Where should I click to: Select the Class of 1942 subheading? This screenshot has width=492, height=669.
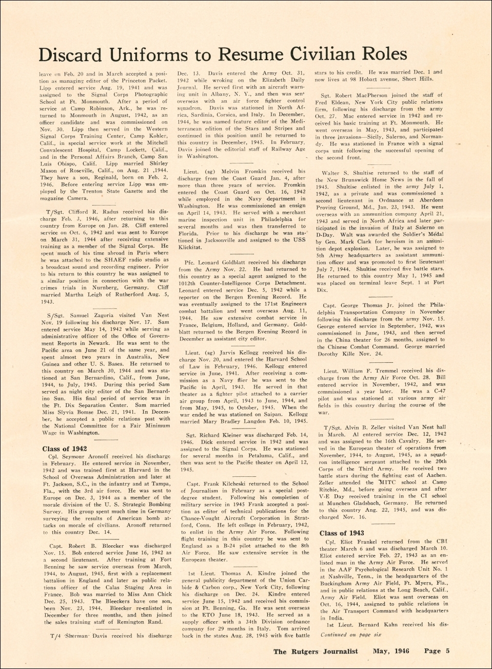[x=65, y=449]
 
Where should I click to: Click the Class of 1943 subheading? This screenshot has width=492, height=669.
[x=342, y=533]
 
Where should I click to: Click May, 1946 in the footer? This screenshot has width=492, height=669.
[x=391, y=651]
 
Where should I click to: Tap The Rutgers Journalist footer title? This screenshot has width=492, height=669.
[x=316, y=652]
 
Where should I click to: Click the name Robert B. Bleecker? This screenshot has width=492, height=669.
[x=95, y=546]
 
